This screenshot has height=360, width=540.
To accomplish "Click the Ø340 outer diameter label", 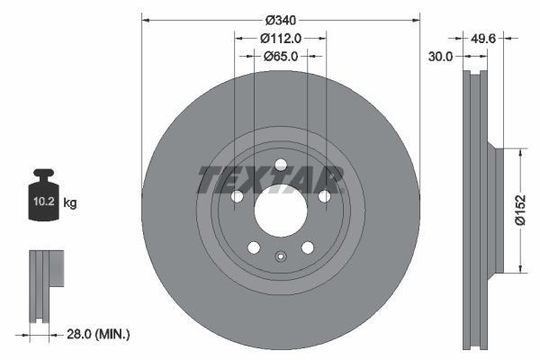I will (x=280, y=17).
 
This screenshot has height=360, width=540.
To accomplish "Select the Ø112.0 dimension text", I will (x=280, y=38).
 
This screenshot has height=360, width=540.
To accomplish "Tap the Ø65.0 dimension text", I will (x=280, y=57).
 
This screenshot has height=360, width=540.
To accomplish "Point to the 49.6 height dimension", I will (x=484, y=38).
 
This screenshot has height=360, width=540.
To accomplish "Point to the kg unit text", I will (x=69, y=203).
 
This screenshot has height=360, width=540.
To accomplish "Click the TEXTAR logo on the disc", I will (x=270, y=180).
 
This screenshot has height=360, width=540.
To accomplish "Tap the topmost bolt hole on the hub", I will (x=280, y=165).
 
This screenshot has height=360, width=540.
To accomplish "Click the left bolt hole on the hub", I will (x=237, y=197).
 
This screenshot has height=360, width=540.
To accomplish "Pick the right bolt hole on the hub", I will (x=324, y=197).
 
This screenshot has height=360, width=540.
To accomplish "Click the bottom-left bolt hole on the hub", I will (x=254, y=247).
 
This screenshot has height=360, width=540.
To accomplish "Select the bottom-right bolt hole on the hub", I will (x=307, y=247).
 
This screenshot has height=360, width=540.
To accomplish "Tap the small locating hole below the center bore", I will (x=280, y=256).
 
